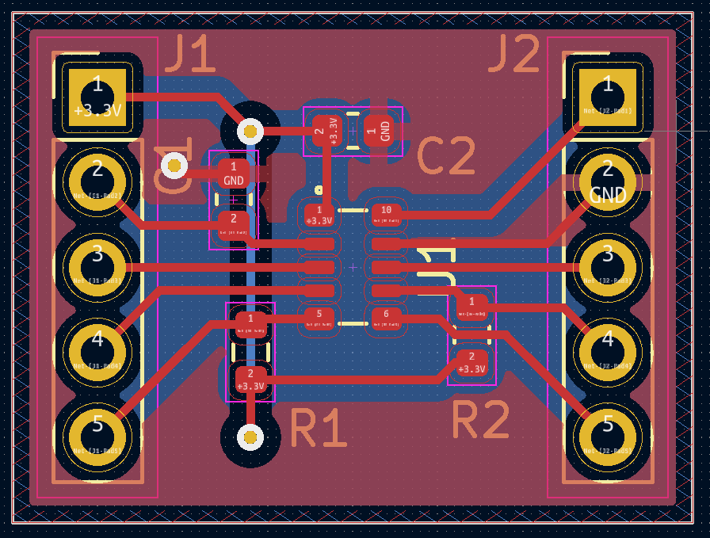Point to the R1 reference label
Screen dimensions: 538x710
319,429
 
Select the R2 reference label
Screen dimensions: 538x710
480,420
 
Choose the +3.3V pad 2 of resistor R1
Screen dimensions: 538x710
250,380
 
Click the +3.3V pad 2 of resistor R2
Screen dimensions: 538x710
471,363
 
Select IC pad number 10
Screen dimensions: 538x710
387,214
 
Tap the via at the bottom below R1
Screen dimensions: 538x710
250,436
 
